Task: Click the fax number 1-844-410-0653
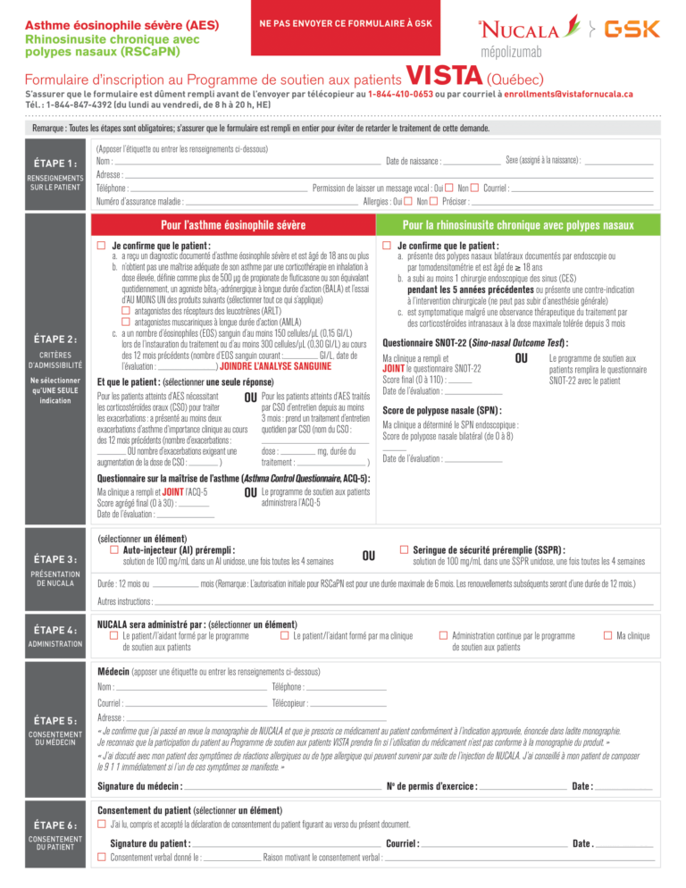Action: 403,93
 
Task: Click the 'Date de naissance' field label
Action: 412,161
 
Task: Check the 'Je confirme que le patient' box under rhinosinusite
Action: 387,246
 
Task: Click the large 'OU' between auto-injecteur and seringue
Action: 368,556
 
